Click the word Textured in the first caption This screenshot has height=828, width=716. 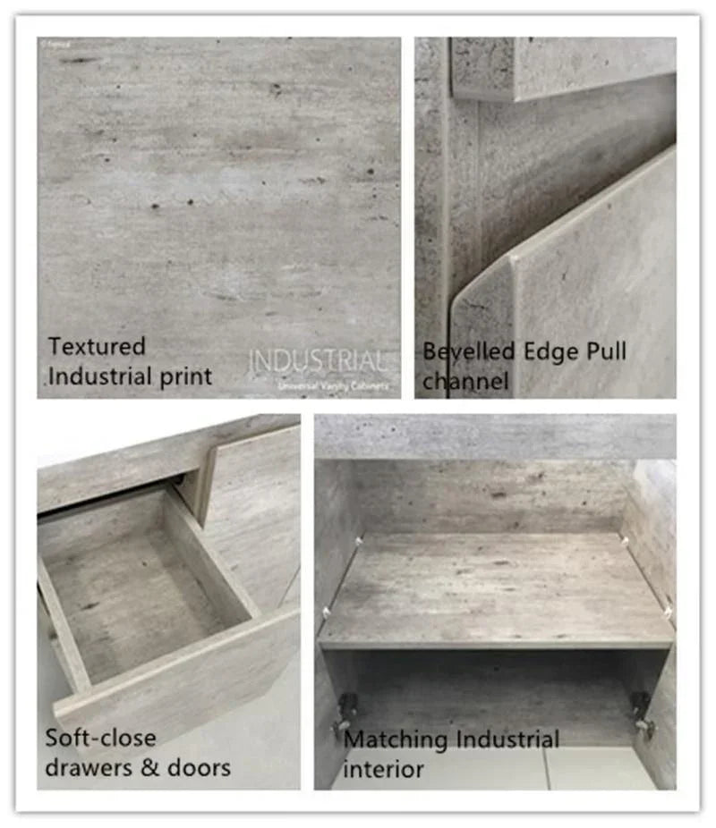pos(97,346)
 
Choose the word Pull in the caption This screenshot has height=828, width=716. pos(606,351)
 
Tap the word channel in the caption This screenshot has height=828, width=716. pos(465,382)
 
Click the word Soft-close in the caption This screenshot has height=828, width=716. pos(100,739)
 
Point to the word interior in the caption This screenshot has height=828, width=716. pos(383,769)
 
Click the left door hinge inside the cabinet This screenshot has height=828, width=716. pos(345,714)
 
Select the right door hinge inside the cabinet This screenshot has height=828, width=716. pos(642,714)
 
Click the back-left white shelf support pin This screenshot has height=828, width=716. pos(359,540)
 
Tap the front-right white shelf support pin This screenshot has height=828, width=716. pos(666,614)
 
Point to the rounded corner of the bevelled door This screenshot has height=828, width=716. pos(512,262)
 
